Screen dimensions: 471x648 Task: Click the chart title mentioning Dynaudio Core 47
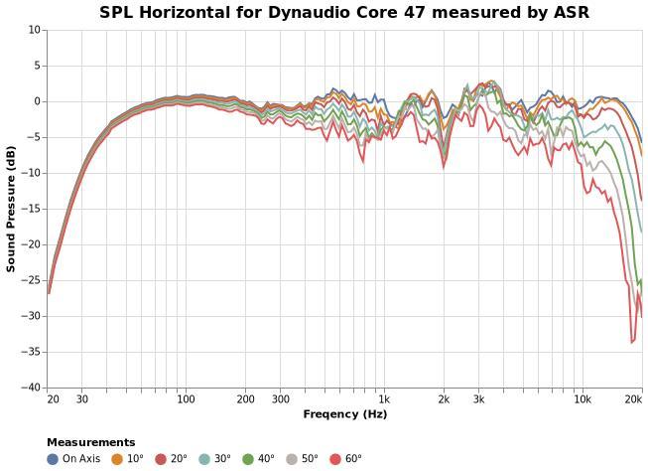click(343, 13)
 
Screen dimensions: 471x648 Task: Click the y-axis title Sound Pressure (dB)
click(12, 209)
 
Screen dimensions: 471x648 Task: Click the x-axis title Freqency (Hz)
click(344, 414)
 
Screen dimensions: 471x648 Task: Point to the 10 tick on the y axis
click(35, 30)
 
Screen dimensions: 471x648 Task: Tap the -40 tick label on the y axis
click(32, 388)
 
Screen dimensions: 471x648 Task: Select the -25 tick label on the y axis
click(32, 280)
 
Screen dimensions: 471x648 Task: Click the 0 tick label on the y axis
click(37, 101)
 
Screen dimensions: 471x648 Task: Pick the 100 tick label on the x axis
click(186, 399)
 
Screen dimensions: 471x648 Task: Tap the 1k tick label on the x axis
click(384, 399)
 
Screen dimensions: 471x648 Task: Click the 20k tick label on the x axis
click(633, 399)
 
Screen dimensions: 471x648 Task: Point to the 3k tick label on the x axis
click(478, 399)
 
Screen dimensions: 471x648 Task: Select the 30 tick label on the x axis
click(81, 399)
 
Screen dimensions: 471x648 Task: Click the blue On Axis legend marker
click(53, 459)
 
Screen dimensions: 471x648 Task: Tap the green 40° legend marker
click(248, 459)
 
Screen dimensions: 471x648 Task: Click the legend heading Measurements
click(90, 442)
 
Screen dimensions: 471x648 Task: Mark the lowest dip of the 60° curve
click(632, 342)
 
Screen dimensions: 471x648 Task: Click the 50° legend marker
click(292, 459)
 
